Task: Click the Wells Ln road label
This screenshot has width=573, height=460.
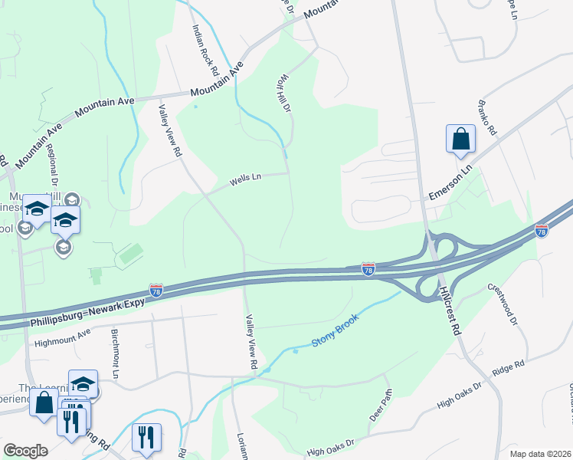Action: click(x=246, y=180)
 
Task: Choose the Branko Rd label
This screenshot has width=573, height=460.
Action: click(x=487, y=120)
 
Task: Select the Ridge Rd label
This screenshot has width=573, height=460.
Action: click(x=509, y=368)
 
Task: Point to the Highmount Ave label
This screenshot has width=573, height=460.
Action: click(x=62, y=333)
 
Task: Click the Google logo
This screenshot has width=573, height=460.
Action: click(x=25, y=450)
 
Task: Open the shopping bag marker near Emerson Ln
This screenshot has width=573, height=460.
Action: click(x=461, y=140)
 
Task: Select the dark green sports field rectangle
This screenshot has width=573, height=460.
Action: click(x=130, y=253)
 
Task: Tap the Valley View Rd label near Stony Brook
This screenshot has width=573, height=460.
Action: click(x=250, y=342)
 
